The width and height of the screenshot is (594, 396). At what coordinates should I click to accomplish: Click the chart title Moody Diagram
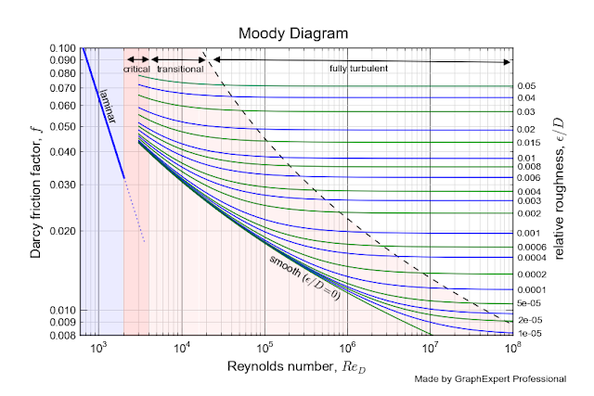292,32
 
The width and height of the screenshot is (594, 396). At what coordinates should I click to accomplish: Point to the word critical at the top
136,70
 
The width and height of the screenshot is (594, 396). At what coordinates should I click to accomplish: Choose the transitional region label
180,70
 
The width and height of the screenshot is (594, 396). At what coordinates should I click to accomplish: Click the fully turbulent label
358,70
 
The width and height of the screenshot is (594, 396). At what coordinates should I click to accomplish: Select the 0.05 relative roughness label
527,85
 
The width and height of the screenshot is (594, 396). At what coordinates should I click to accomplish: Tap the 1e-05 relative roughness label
528,332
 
